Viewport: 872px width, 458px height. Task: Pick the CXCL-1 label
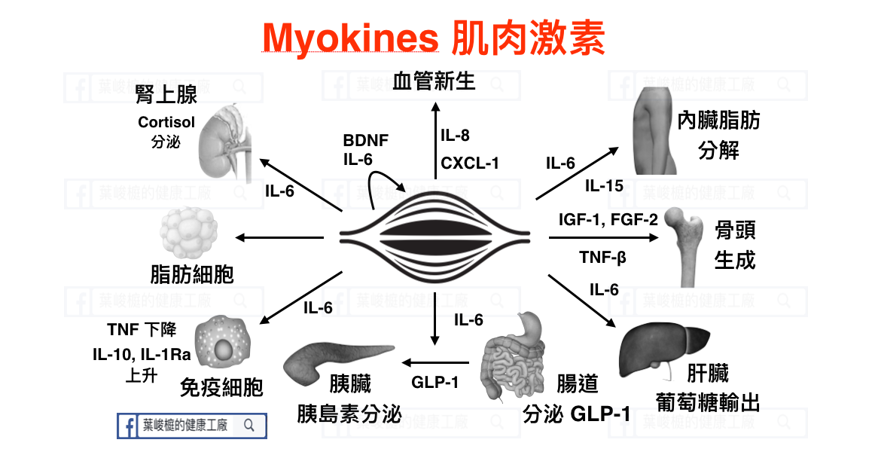click(470, 163)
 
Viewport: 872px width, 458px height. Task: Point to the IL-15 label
click(604, 185)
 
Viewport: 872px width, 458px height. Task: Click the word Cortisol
click(166, 122)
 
